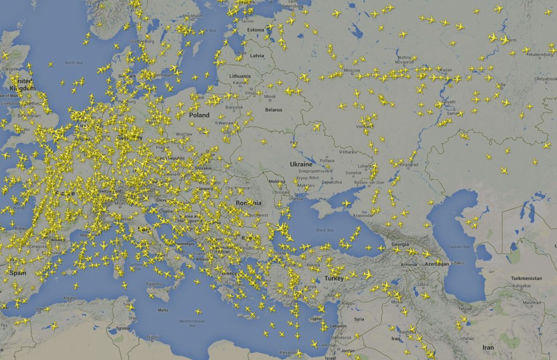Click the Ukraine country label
click(300, 164)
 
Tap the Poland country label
click(199, 115)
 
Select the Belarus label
click(273, 110)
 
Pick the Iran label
click(487, 348)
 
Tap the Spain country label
click(17, 273)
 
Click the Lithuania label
click(240, 75)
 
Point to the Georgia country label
click(400, 245)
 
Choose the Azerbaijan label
click(435, 263)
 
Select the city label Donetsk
click(353, 173)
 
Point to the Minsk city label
click(271, 96)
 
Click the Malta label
click(163, 310)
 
